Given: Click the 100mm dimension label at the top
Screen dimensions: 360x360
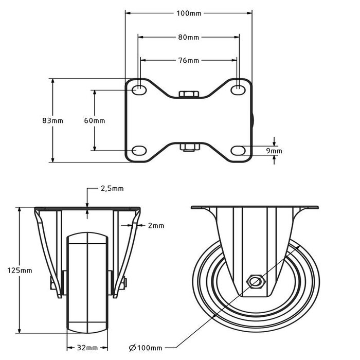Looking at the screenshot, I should (x=189, y=13).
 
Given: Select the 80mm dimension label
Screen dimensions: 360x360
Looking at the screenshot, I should (x=189, y=37).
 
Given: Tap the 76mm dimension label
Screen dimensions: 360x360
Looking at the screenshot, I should (x=189, y=60).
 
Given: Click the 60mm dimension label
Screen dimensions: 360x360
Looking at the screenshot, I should (x=94, y=120).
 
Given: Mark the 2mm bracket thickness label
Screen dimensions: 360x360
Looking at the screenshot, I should (x=156, y=225).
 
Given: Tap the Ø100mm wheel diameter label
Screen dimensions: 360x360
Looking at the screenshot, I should (x=147, y=348).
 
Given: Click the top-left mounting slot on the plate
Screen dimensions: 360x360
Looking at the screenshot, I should (x=139, y=90).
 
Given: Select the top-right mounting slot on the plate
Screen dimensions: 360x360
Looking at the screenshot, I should (x=237, y=90).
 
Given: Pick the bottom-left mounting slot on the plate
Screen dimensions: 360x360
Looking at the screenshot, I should (x=139, y=150).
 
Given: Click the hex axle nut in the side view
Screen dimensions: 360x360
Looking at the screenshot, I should (x=256, y=281).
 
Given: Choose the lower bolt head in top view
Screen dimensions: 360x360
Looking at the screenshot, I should (x=188, y=148).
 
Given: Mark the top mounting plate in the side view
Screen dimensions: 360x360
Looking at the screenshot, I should (x=256, y=208).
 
